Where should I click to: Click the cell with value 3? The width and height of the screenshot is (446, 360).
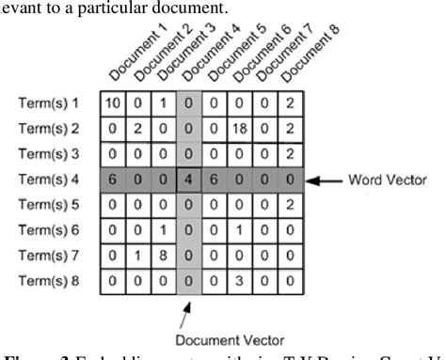tap(239, 305)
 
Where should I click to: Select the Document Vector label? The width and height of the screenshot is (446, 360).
tap(191, 339)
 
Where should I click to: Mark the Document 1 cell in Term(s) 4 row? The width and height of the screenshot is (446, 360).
tap(112, 179)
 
